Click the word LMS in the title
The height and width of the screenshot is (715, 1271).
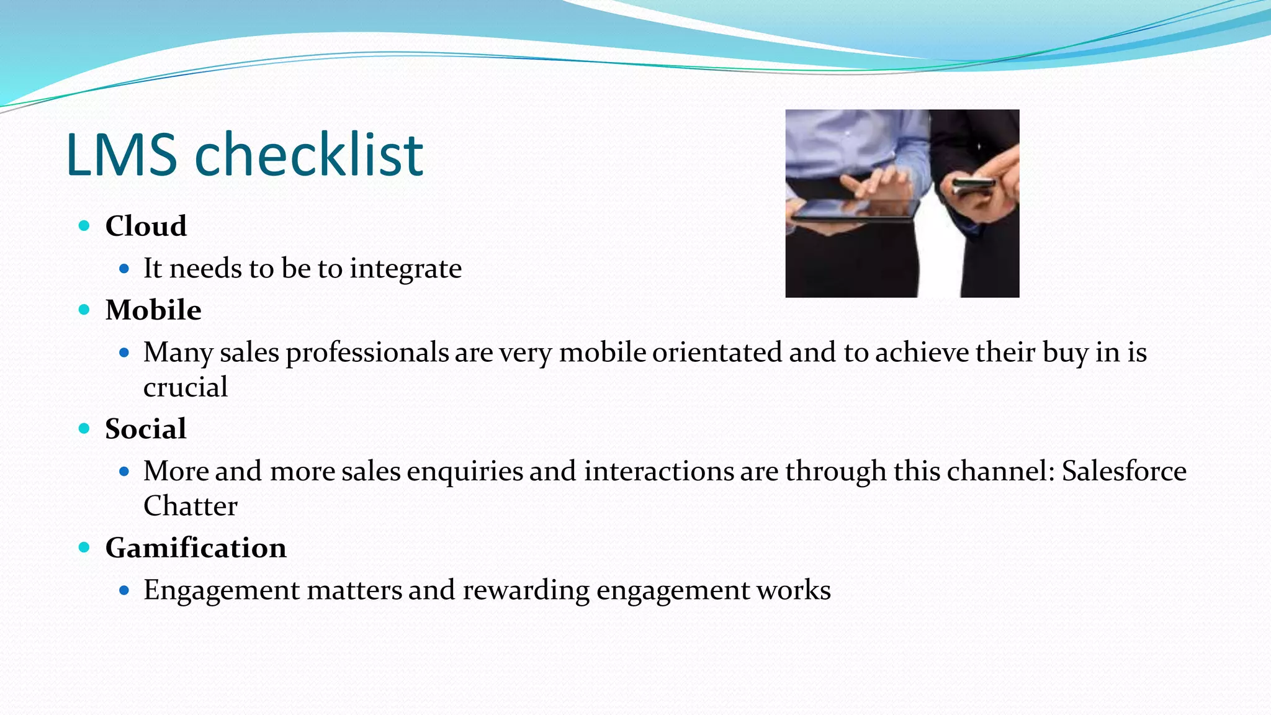pyautogui.click(x=122, y=155)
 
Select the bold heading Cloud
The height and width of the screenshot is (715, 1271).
pyautogui.click(x=146, y=226)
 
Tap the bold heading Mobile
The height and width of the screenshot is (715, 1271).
pyautogui.click(x=153, y=310)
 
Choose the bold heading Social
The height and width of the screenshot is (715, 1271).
pyautogui.click(x=146, y=429)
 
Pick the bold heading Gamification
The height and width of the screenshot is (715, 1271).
pyautogui.click(x=195, y=548)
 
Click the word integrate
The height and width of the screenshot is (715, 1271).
pyautogui.click(x=405, y=269)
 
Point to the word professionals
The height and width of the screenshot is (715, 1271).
pyautogui.click(x=367, y=353)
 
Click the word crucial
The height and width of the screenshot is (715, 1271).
pyautogui.click(x=185, y=387)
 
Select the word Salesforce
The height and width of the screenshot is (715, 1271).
pyautogui.click(x=1124, y=471)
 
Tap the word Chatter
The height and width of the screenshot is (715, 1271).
pyautogui.click(x=190, y=506)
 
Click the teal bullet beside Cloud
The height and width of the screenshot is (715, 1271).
pyautogui.click(x=84, y=226)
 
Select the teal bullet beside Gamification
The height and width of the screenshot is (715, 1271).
pyautogui.click(x=84, y=547)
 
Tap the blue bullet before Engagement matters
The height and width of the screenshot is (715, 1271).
pyautogui.click(x=124, y=590)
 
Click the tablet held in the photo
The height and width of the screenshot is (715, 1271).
pyautogui.click(x=855, y=211)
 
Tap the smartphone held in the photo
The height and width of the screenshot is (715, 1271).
pyautogui.click(x=973, y=185)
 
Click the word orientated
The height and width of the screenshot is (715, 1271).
pyautogui.click(x=717, y=353)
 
